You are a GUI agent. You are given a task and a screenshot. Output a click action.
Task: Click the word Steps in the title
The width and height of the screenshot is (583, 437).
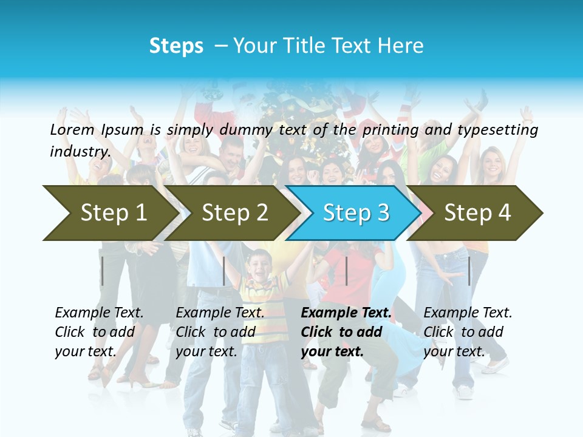pyautogui.click(x=176, y=46)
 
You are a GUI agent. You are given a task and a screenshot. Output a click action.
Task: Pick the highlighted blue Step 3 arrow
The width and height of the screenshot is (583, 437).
pyautogui.click(x=356, y=212)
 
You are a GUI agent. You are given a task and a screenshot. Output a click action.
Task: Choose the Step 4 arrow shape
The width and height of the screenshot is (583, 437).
pyautogui.click(x=477, y=212)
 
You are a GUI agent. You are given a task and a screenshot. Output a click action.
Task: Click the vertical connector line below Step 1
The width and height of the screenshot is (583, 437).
pyautogui.click(x=103, y=271)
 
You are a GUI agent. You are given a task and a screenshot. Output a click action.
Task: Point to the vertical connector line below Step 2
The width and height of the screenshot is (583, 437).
pyautogui.click(x=224, y=271)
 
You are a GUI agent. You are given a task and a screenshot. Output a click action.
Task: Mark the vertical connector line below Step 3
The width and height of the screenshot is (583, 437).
pyautogui.click(x=346, y=271)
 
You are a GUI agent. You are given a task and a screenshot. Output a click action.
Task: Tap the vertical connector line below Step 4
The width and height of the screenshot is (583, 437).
pyautogui.click(x=469, y=271)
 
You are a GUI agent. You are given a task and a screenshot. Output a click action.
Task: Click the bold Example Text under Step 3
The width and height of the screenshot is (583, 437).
pyautogui.click(x=346, y=332)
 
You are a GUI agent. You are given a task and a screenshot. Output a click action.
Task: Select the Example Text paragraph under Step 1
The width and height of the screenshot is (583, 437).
pyautogui.click(x=99, y=332)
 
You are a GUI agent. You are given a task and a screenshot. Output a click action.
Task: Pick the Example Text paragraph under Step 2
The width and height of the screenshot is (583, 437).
pyautogui.click(x=220, y=332)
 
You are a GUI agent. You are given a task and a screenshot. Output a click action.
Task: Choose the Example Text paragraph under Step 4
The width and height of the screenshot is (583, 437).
pyautogui.click(x=468, y=332)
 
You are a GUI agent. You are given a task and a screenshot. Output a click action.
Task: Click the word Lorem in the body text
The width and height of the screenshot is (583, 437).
pyautogui.click(x=72, y=129)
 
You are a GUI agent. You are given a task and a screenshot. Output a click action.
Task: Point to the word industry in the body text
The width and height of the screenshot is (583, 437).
pyautogui.click(x=80, y=152)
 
